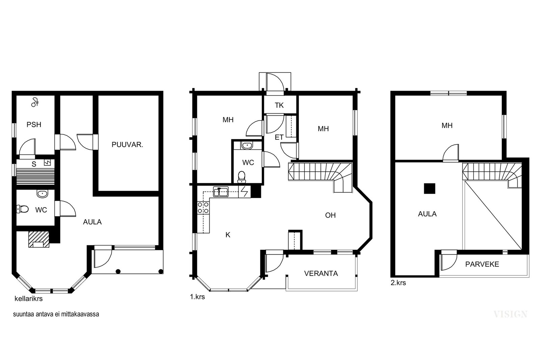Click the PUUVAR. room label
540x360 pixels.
tap(127, 145)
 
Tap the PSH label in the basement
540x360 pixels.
tap(34, 124)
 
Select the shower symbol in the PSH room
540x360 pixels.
tap(35, 102)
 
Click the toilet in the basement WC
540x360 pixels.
tap(22, 209)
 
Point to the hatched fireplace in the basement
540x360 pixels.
tap(39, 239)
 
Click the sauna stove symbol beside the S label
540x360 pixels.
tap(47, 163)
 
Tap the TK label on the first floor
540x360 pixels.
tap(279, 105)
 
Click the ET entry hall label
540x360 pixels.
tap(279, 137)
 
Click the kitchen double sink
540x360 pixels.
tap(221, 192)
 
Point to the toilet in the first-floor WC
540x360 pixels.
tap(241, 177)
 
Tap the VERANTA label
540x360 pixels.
tap(321, 274)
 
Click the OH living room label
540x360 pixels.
tap(330, 215)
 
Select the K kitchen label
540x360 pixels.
tap(228, 235)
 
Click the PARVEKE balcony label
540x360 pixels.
tap(482, 264)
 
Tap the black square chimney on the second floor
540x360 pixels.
tap(430, 189)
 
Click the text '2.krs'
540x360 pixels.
tap(398, 283)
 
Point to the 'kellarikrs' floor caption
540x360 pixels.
tap(29, 299)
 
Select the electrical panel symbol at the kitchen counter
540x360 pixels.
tap(244, 192)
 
